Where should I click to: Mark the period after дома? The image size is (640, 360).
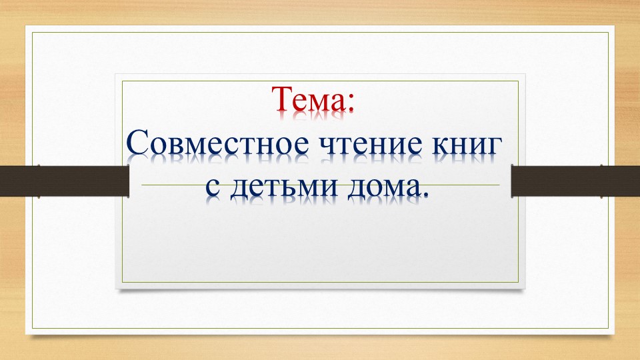423,195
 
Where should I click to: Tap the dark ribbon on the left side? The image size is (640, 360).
64,181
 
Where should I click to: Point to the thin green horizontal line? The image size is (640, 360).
320,185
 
